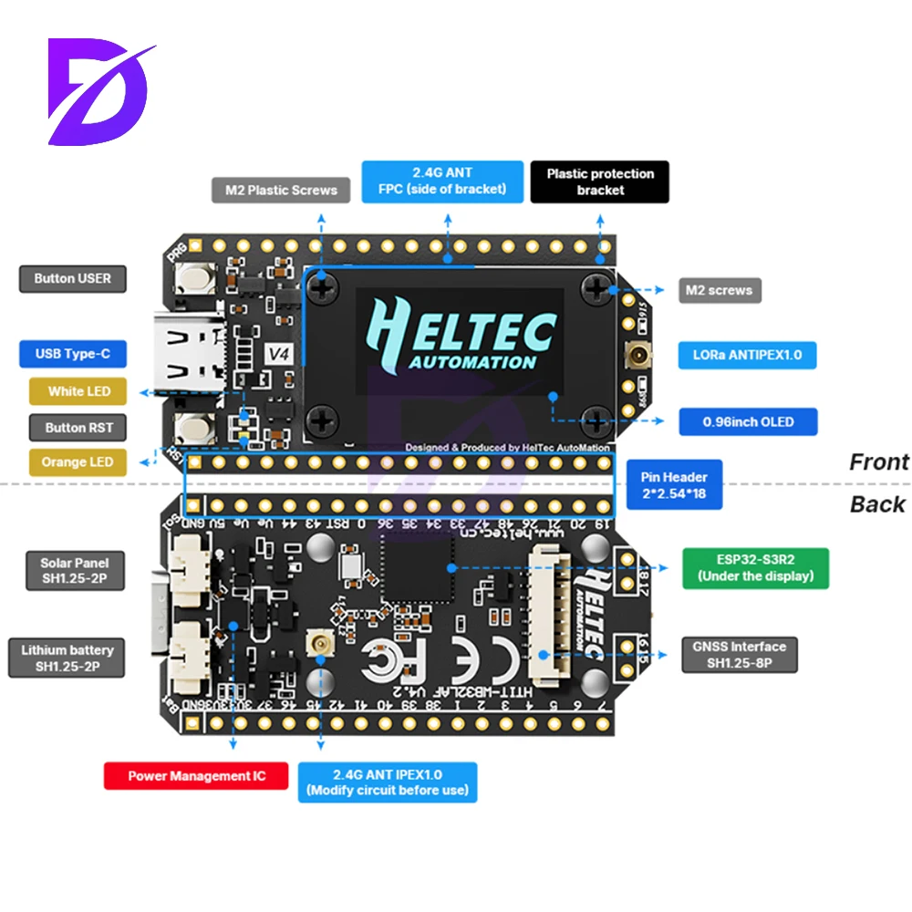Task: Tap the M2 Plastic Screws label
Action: click(281, 191)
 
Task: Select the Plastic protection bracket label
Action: click(600, 181)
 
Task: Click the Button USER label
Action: click(72, 278)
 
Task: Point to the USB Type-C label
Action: click(72, 354)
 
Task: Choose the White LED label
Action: click(78, 391)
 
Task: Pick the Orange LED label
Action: click(77, 462)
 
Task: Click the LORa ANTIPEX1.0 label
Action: click(747, 355)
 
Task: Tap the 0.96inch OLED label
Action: click(748, 422)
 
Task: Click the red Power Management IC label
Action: click(197, 776)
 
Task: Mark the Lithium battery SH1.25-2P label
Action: click(67, 658)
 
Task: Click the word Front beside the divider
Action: click(878, 462)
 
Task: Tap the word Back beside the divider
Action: click(877, 504)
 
